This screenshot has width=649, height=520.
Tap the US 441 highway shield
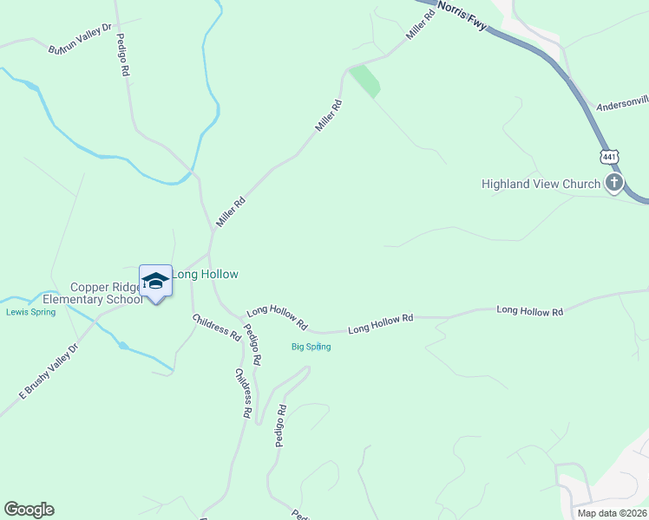(610, 157)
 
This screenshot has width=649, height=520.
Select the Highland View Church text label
(541, 184)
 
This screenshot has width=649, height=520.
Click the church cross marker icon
(615, 183)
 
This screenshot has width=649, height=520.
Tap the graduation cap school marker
(155, 281)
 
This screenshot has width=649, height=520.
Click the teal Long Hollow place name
(206, 274)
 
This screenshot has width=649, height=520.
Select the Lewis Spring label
(30, 312)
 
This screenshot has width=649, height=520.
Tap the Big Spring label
(311, 347)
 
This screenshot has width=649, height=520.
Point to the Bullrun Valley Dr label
(81, 39)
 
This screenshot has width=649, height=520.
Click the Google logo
(29, 510)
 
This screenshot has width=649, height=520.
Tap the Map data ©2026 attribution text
(611, 513)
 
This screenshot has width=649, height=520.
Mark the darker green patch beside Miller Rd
(365, 81)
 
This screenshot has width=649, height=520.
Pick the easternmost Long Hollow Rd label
(529, 310)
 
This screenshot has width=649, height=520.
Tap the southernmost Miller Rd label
(231, 212)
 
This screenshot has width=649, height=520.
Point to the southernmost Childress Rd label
(242, 394)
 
